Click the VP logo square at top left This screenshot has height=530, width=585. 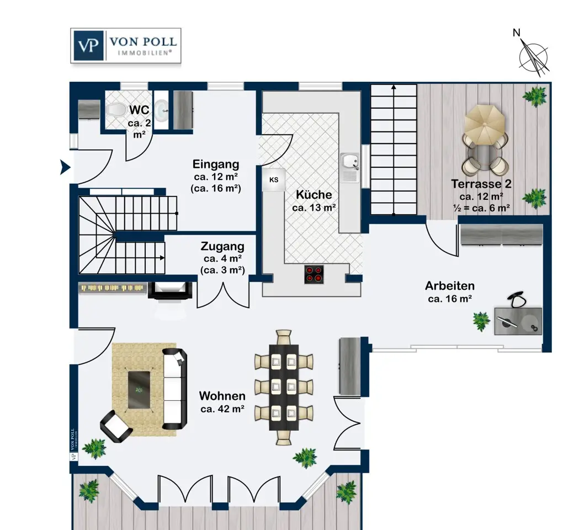click(88, 45)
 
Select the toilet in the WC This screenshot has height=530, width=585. click(116, 110)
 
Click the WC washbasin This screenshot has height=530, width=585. click(161, 110)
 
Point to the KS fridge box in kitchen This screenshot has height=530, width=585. click(274, 179)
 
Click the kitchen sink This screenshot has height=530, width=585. click(350, 167)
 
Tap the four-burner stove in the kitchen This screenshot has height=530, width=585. click(314, 274)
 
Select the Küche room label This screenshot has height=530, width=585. click(314, 194)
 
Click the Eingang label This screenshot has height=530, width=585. click(216, 164)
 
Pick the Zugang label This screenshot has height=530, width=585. click(222, 246)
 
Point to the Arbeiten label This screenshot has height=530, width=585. click(450, 285)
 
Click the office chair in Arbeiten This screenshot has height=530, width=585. click(517, 299)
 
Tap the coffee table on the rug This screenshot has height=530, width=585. click(139, 390)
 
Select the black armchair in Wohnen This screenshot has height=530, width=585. click(116, 426)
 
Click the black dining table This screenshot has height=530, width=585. click(284, 387)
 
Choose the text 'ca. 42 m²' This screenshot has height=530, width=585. click(222, 409)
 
